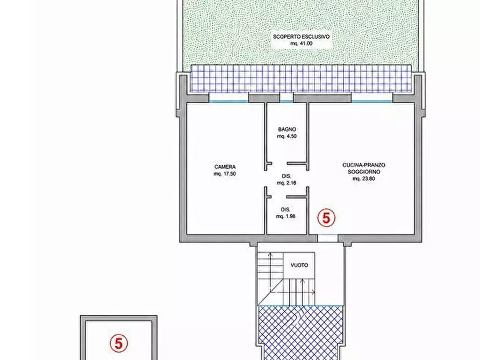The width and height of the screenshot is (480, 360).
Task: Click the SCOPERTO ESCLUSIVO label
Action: pos(301,37)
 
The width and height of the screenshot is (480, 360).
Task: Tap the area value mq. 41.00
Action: pos(301,44)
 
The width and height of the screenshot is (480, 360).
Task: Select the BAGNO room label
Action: pos(287,129)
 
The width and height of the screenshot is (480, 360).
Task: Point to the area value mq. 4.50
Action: pos(287,136)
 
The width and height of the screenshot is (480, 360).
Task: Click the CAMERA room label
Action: pos(225,167)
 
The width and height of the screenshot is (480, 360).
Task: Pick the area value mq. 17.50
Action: pos(225,174)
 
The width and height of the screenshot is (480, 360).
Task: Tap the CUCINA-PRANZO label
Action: pos(364,165)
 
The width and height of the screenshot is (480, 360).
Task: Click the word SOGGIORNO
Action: pos(364,172)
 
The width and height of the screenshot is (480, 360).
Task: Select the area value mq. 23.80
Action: pos(364,179)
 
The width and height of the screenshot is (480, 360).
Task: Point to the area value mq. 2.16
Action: pos(286,183)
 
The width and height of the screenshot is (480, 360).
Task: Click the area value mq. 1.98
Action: pos(285,217)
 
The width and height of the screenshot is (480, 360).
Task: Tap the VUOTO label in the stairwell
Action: pos(299,265)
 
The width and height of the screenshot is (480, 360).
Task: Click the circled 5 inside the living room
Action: pos(326,218)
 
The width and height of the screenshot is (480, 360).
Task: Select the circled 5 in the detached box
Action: pos(118,343)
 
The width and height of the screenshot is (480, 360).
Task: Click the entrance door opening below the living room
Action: pos(327,239)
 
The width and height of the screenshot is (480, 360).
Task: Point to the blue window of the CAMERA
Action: pos(228,102)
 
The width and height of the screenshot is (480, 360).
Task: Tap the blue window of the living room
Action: pos(372,102)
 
